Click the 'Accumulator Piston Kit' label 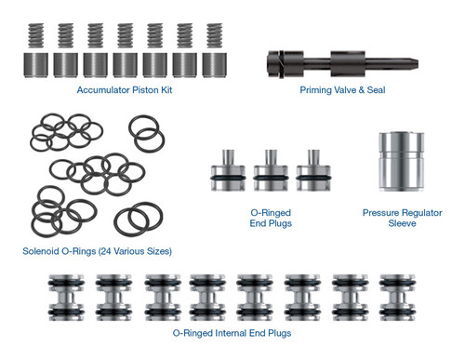coord(125,91)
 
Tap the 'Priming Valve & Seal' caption coord(343,91)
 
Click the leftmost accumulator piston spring coord(35,37)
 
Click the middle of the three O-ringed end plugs coord(270,168)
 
